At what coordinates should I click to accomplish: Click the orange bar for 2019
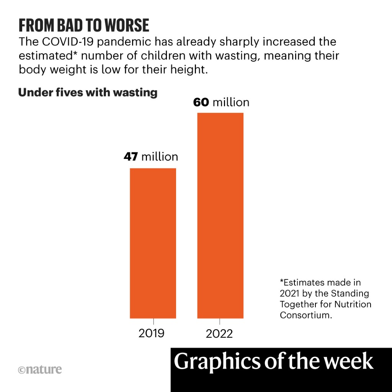153,243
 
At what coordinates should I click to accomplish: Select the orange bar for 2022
220,216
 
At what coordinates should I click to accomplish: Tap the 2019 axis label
151,333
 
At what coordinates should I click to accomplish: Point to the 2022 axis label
219,334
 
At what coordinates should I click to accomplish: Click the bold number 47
131,157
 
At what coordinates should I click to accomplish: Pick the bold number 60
201,103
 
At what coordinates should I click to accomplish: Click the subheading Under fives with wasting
88,93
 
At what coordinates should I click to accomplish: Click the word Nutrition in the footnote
353,304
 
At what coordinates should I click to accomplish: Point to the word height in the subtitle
191,70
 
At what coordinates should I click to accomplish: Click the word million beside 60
231,103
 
